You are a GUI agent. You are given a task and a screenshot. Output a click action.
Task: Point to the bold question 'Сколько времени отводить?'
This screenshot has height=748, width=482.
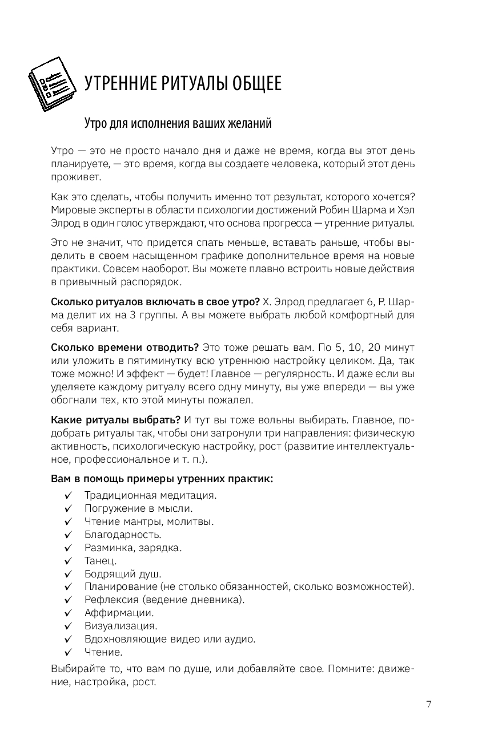click(125, 347)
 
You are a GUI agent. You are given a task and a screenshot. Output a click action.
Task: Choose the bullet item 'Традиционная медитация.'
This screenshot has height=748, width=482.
click(150, 494)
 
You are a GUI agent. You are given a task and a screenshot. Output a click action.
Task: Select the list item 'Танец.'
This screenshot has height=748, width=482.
click(101, 561)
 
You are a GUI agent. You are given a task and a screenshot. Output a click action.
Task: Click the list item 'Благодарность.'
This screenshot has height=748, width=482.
click(123, 535)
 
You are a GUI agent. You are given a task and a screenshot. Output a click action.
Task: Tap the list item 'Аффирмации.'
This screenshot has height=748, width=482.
click(119, 613)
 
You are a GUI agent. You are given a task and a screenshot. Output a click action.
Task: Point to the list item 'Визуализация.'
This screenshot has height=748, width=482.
click(120, 626)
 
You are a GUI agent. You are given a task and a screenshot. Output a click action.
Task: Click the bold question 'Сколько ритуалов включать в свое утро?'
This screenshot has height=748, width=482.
click(156, 301)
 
